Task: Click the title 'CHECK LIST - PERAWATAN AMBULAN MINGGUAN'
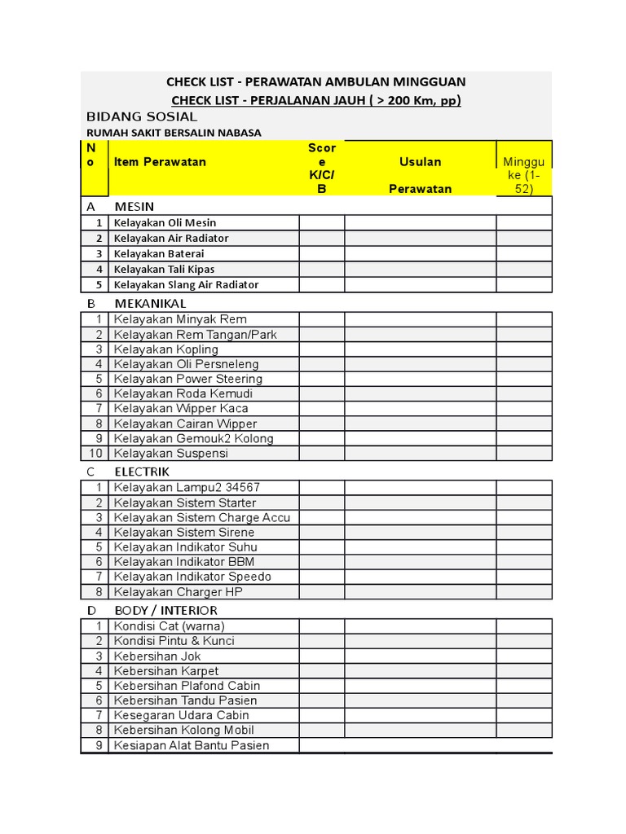point(315,81)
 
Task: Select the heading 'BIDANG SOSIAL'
point(142,116)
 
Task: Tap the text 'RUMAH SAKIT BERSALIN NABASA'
point(174,133)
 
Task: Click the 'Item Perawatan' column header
point(160,161)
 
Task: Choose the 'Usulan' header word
point(420,161)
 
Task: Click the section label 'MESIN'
point(134,206)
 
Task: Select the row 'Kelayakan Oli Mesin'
point(165,222)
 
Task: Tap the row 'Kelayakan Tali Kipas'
point(164,269)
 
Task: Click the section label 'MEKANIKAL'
point(150,303)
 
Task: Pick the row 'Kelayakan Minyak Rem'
point(180,319)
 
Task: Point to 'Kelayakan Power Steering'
point(188,379)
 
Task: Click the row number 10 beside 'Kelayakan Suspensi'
point(96,453)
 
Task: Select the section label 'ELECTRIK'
point(142,471)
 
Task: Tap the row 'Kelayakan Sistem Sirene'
point(184,532)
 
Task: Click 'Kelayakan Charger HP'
point(179,592)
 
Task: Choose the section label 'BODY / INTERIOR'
point(165,610)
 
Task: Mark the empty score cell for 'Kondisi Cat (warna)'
point(321,625)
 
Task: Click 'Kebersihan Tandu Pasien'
point(185,700)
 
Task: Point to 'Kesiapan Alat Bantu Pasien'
point(192,745)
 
